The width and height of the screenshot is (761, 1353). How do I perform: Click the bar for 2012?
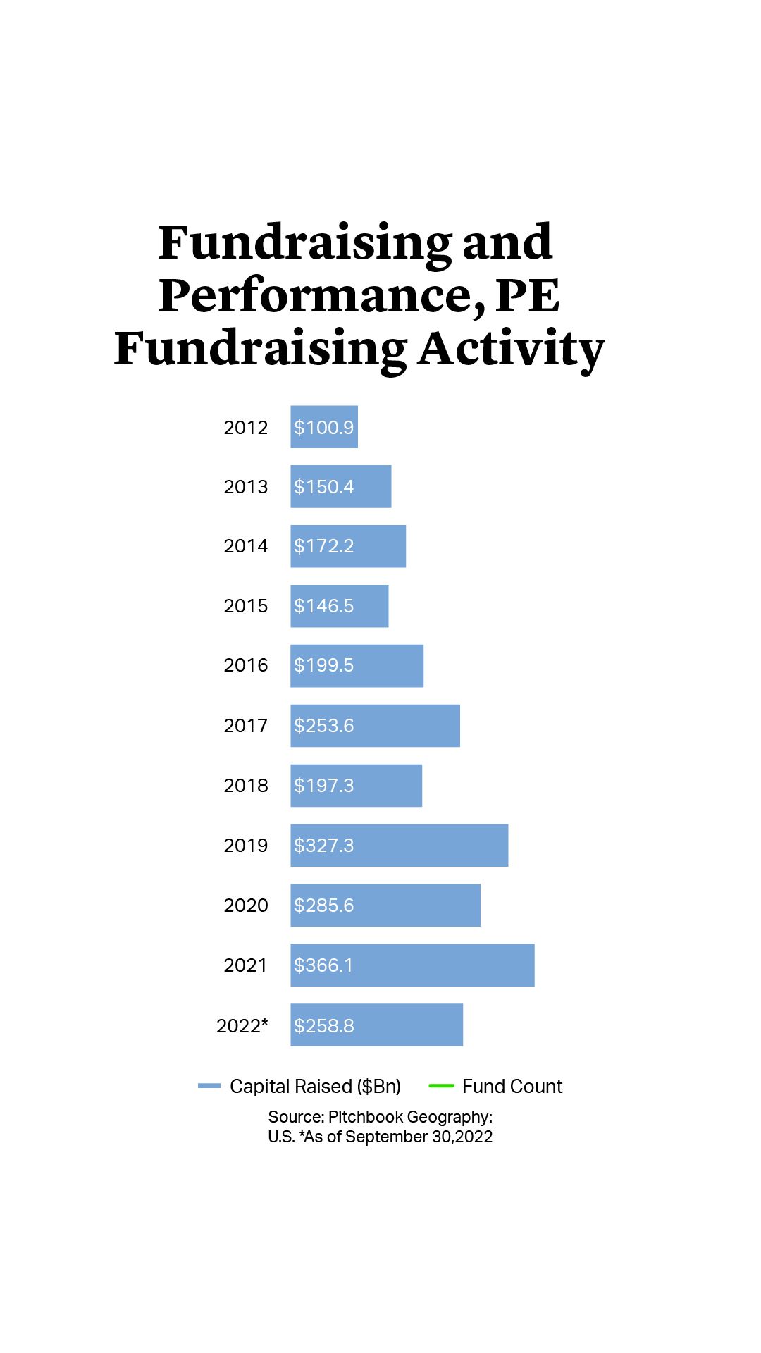pyautogui.click(x=324, y=427)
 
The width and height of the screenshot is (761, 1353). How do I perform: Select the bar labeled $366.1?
pyautogui.click(x=412, y=965)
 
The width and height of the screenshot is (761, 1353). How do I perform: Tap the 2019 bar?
pyautogui.click(x=399, y=846)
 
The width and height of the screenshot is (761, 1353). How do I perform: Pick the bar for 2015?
pyautogui.click(x=339, y=606)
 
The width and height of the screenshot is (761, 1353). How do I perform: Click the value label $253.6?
pyautogui.click(x=324, y=726)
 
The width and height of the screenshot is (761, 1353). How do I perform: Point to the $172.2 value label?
pyautogui.click(x=324, y=546)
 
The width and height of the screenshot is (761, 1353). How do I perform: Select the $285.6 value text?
pyautogui.click(x=324, y=906)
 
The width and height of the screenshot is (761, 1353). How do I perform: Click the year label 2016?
pyautogui.click(x=245, y=665)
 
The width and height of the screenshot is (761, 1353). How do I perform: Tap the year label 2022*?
pyautogui.click(x=242, y=1025)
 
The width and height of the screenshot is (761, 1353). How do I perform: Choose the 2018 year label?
pyautogui.click(x=245, y=786)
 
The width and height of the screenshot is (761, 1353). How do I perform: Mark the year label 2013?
pyautogui.click(x=245, y=487)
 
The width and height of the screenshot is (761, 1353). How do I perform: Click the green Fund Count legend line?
pyautogui.click(x=441, y=1086)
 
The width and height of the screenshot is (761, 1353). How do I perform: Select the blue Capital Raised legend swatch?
pyautogui.click(x=209, y=1086)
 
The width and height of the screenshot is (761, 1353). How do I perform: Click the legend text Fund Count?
pyautogui.click(x=512, y=1087)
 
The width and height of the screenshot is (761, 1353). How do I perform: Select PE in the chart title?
pyautogui.click(x=528, y=296)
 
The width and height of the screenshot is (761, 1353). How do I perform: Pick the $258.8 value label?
pyautogui.click(x=324, y=1026)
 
